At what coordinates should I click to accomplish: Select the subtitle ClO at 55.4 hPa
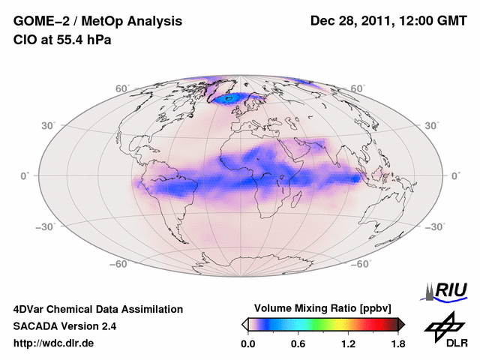pyautogui.click(x=61, y=40)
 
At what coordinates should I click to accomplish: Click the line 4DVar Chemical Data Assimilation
pyautogui.click(x=97, y=309)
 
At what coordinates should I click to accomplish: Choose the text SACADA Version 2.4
pyautogui.click(x=64, y=326)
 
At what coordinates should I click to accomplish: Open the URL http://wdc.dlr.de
pyautogui.click(x=54, y=343)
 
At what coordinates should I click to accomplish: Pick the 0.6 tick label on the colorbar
pyautogui.click(x=298, y=343)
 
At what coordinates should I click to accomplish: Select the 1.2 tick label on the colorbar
pyautogui.click(x=347, y=343)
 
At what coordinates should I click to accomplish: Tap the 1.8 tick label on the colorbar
pyautogui.click(x=397, y=343)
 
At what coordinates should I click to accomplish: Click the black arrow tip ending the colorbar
pyautogui.click(x=401, y=324)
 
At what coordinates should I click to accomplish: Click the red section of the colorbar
pyautogui.click(x=367, y=324)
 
